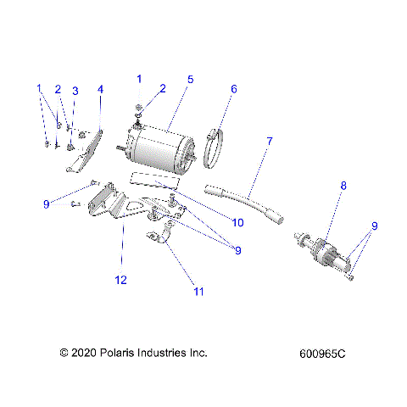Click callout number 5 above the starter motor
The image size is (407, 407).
(x=191, y=80)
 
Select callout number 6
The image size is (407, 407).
(x=234, y=88)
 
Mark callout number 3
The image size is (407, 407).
(x=75, y=91)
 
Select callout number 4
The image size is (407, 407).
(x=100, y=89)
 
